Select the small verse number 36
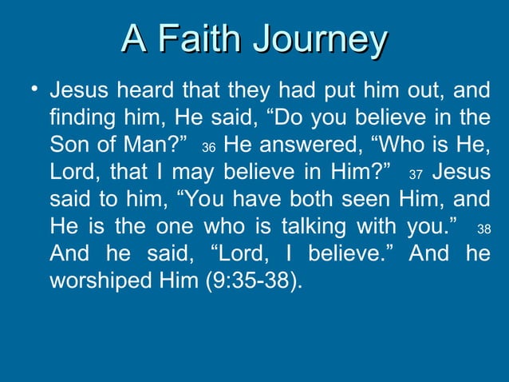[x=209, y=149]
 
